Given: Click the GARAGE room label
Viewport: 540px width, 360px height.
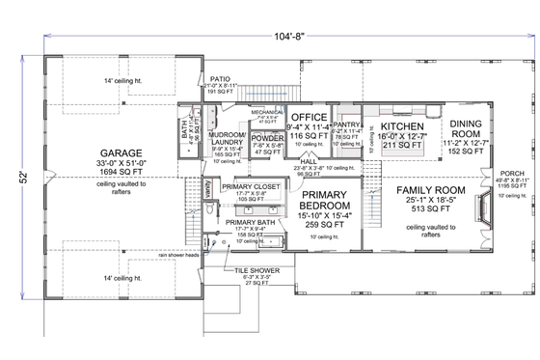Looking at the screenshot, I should (121, 153).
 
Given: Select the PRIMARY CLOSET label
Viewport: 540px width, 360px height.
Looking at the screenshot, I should (247, 189).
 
